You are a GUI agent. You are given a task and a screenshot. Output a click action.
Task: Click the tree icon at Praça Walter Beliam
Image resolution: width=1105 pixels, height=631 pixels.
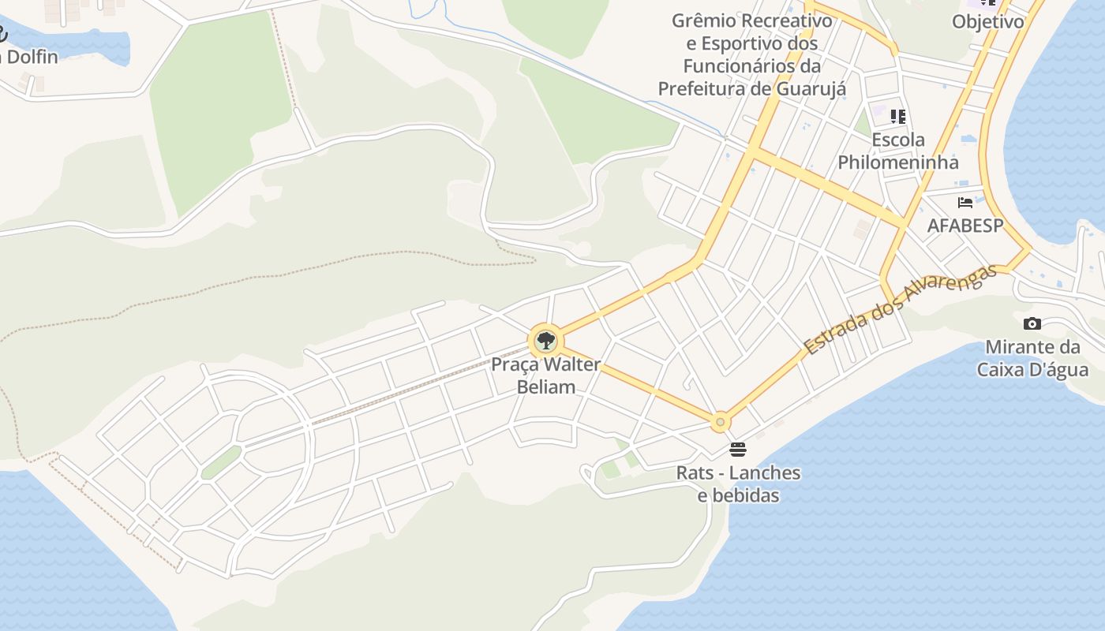(545, 342)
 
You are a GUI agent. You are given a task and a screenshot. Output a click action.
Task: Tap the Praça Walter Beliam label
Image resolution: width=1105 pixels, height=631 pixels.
(545, 375)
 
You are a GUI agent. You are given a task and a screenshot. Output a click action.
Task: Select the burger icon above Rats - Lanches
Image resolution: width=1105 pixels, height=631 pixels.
(738, 450)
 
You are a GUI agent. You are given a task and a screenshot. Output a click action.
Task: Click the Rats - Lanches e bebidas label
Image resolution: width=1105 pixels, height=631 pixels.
(738, 484)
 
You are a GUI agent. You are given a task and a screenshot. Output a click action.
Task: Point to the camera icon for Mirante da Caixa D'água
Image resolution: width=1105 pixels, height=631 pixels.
(1032, 323)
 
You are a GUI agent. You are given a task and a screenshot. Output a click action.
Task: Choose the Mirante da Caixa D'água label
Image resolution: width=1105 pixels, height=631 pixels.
(1032, 358)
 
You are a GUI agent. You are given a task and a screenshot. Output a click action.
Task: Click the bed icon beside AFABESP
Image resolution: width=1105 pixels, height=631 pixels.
(965, 203)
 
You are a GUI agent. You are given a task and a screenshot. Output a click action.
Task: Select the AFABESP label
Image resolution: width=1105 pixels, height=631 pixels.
(965, 226)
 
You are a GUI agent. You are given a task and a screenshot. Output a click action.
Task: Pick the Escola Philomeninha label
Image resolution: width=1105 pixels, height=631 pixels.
(898, 151)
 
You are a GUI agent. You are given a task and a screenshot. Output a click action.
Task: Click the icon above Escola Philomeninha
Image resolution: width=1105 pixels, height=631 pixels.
(897, 117)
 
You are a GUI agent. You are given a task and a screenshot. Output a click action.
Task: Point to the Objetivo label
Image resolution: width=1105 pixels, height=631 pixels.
(987, 21)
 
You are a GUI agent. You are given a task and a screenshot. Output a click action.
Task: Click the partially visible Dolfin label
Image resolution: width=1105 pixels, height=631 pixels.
(29, 57)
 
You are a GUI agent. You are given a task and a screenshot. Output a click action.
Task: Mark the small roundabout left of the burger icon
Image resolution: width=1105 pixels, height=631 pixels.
(720, 422)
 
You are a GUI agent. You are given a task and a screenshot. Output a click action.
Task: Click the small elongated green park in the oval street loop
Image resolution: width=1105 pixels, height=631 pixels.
(221, 462)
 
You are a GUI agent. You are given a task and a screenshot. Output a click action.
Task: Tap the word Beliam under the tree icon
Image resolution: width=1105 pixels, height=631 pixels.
(545, 386)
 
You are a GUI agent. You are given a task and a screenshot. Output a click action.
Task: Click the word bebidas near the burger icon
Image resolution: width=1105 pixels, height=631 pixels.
(738, 495)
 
